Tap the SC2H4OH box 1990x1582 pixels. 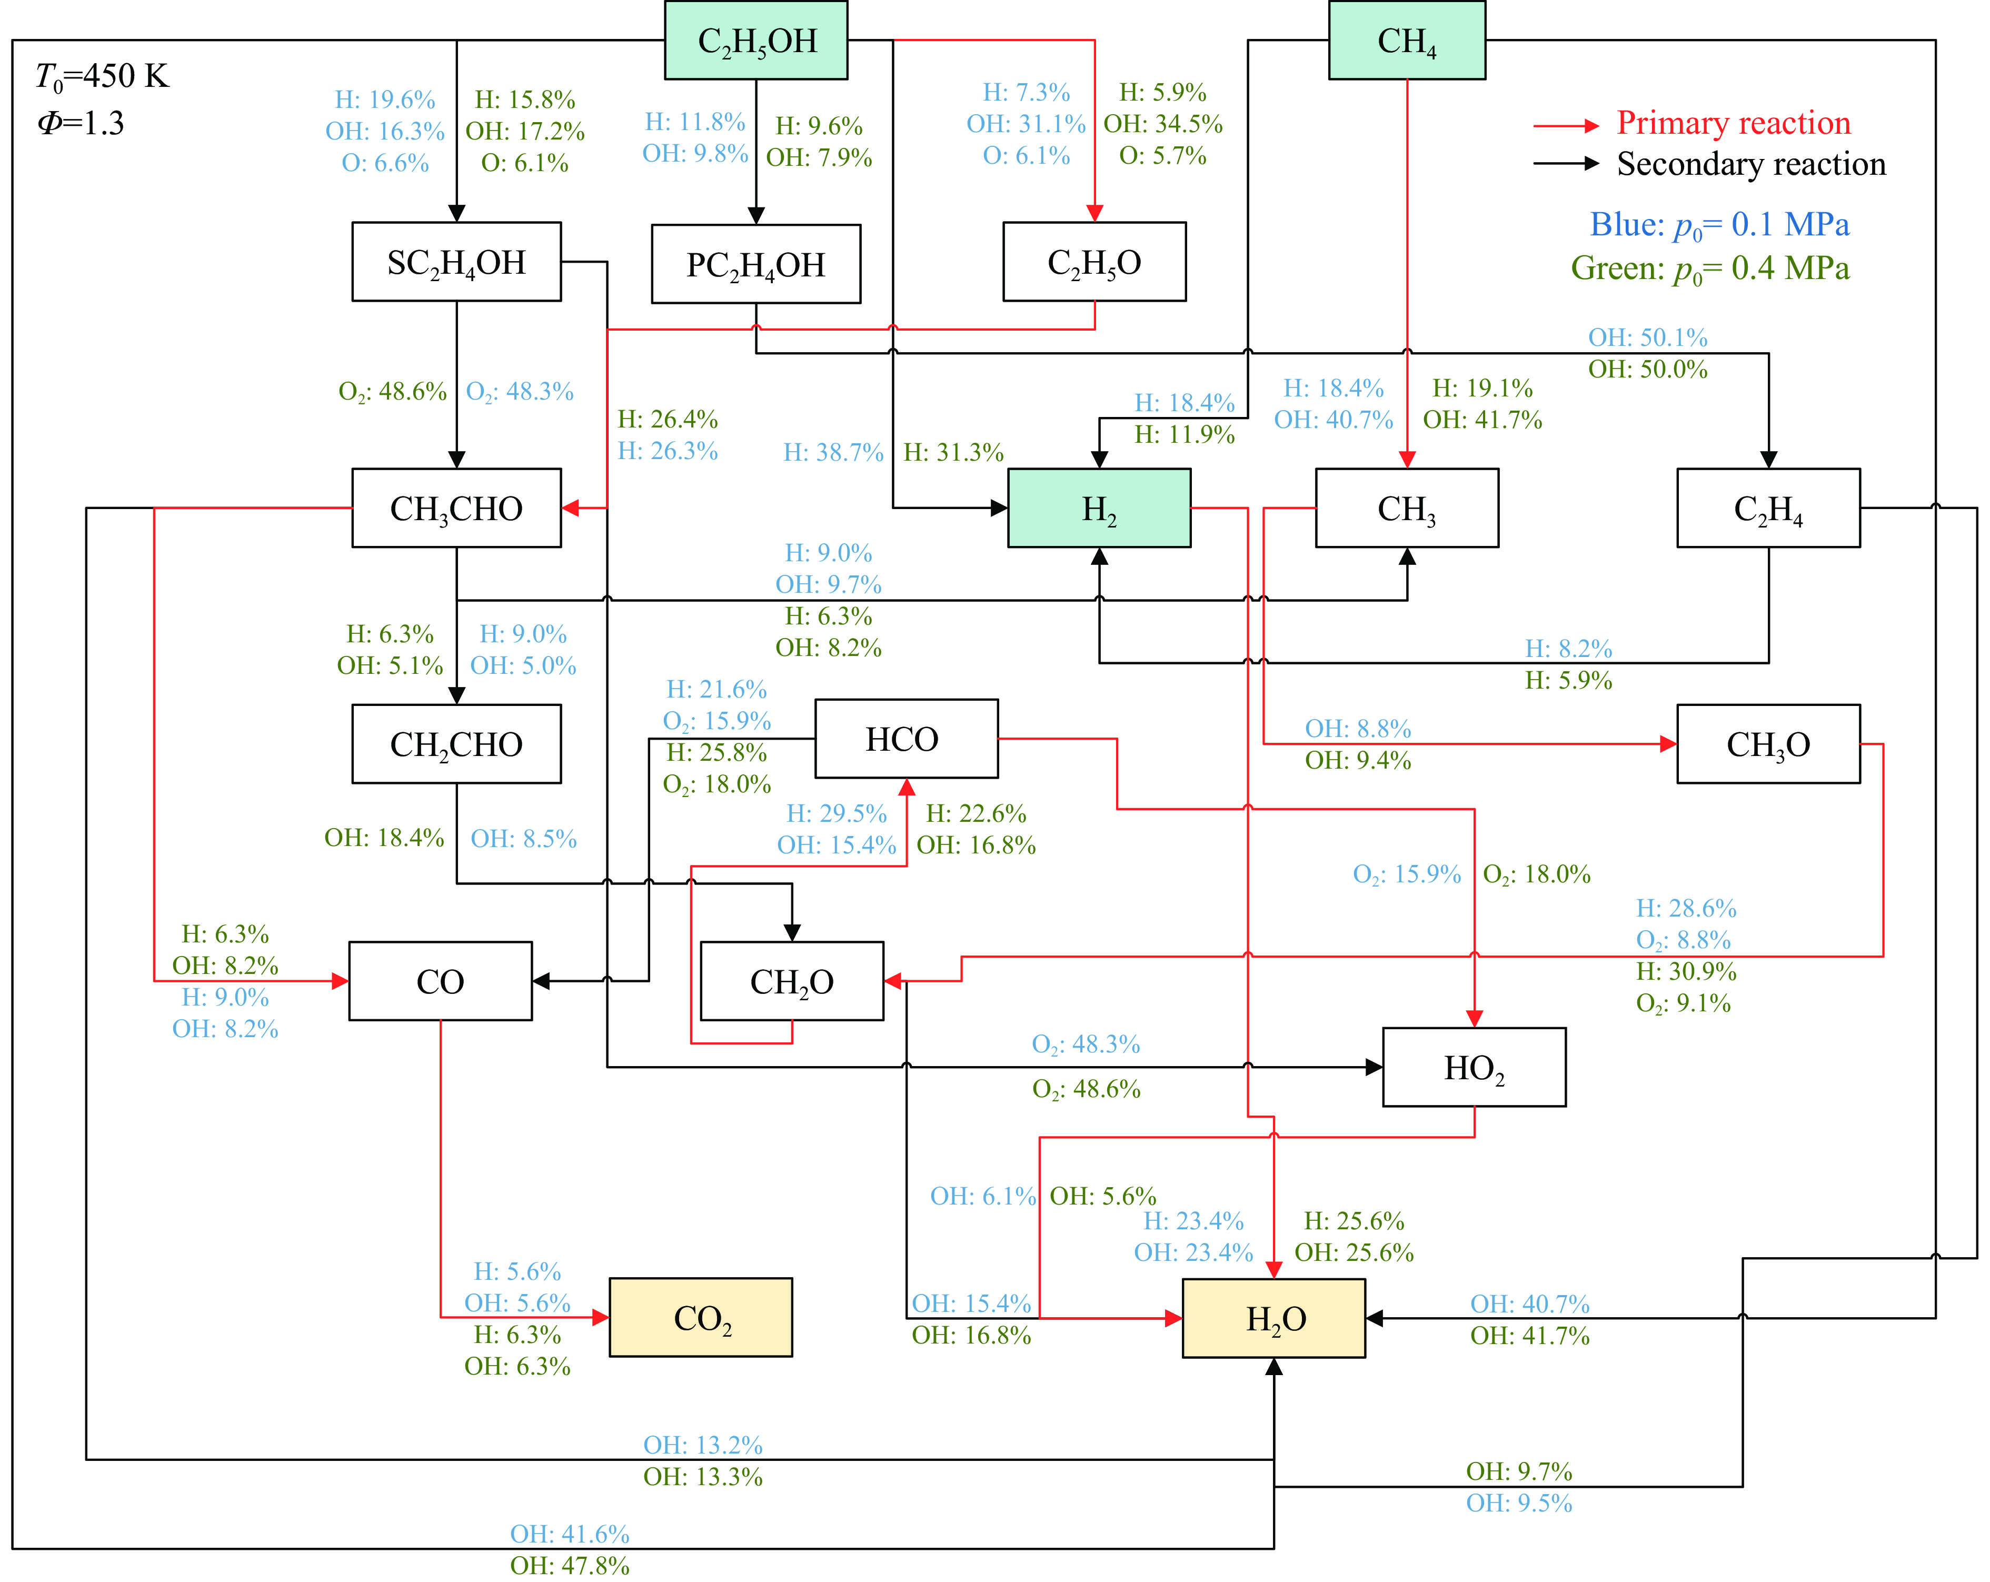tap(456, 262)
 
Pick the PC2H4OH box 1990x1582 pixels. tap(756, 264)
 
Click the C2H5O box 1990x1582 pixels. tap(1094, 262)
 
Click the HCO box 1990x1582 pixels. tap(906, 739)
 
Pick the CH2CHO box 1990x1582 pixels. tap(456, 744)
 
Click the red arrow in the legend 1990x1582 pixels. tap(1566, 125)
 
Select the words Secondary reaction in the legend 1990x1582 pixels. tap(1751, 164)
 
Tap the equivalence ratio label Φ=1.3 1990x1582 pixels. tap(81, 123)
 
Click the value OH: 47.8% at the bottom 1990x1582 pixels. tap(570, 1565)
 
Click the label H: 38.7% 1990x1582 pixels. tap(832, 452)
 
